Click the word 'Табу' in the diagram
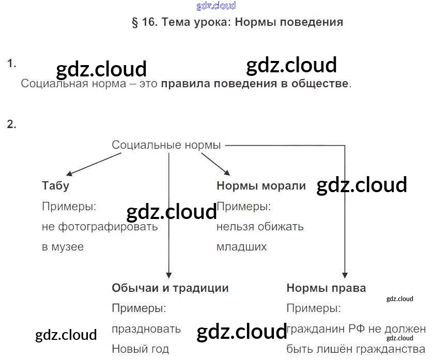(x=55, y=186)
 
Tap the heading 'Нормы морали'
(x=261, y=186)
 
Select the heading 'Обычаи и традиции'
(x=170, y=288)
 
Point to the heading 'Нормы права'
(x=326, y=288)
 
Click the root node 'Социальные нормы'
(x=166, y=145)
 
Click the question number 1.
(x=11, y=64)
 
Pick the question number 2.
(x=11, y=124)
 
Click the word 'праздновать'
(x=146, y=329)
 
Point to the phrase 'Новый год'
(x=140, y=349)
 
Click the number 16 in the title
(x=148, y=22)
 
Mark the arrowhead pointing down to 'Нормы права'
(x=345, y=276)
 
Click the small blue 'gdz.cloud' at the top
(x=216, y=6)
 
